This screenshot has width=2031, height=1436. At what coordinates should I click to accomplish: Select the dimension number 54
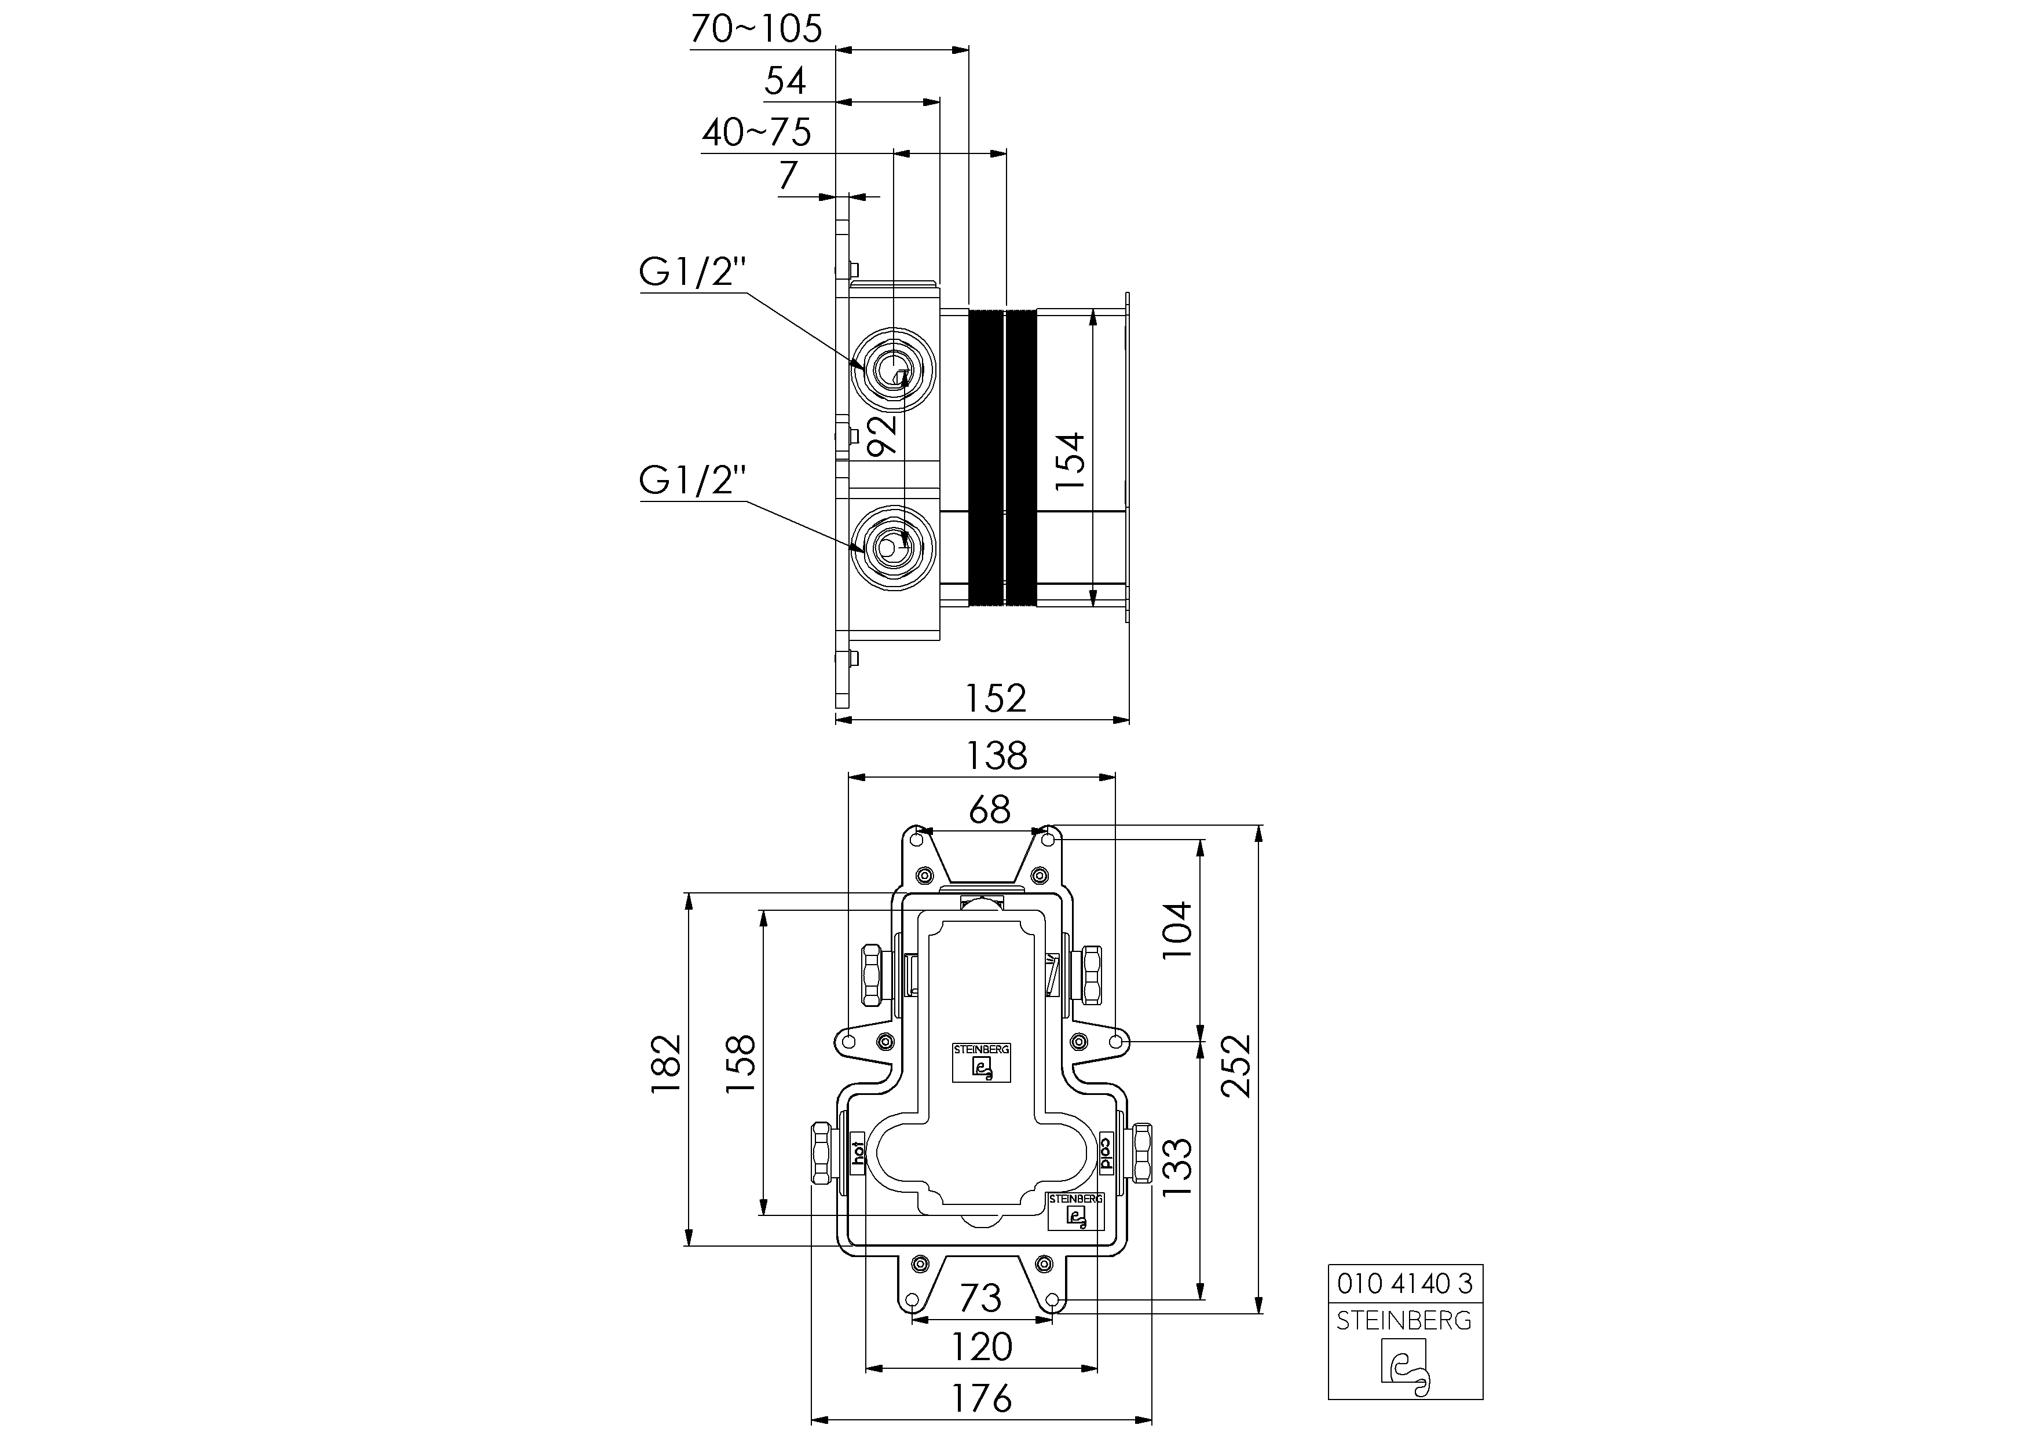(x=785, y=81)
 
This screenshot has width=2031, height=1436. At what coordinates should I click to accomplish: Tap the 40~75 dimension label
(x=756, y=133)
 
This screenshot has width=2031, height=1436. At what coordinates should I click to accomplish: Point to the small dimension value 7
(x=787, y=176)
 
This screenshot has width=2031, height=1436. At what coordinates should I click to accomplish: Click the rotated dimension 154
(x=1070, y=461)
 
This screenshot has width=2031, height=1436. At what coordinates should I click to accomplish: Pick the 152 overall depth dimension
(x=994, y=698)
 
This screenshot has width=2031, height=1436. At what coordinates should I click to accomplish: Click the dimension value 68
(x=989, y=809)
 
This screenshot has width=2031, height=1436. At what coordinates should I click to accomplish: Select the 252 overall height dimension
(x=1236, y=1065)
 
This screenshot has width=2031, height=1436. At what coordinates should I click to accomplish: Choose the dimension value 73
(x=980, y=1298)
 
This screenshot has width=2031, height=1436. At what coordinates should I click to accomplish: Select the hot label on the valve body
(x=857, y=1155)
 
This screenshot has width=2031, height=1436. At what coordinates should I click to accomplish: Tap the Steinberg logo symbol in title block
(x=1405, y=1366)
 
